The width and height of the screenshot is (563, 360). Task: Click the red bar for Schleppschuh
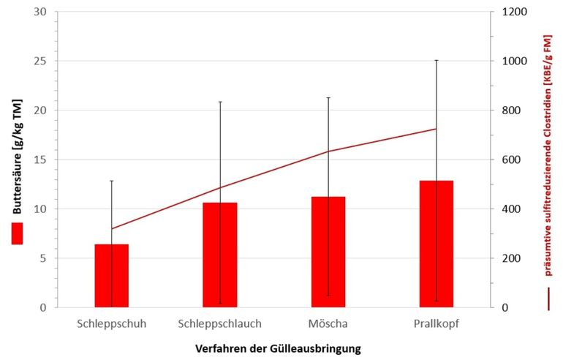(x=111, y=276)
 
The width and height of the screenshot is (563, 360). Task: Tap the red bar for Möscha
(x=328, y=252)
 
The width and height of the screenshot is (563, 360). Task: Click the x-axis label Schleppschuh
(x=111, y=323)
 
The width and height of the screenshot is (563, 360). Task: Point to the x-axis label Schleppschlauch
(x=220, y=323)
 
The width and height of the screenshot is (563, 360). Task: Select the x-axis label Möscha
(x=328, y=323)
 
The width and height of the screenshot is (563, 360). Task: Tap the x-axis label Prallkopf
(x=437, y=323)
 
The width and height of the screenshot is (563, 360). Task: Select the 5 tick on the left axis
(x=42, y=258)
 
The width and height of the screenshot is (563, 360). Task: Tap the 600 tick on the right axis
(x=510, y=160)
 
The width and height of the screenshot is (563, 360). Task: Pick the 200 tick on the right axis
(x=510, y=258)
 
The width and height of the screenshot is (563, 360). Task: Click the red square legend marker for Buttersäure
(x=16, y=233)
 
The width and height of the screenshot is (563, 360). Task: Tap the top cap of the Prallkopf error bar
(x=437, y=60)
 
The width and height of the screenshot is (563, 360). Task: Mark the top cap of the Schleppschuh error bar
(x=111, y=181)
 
